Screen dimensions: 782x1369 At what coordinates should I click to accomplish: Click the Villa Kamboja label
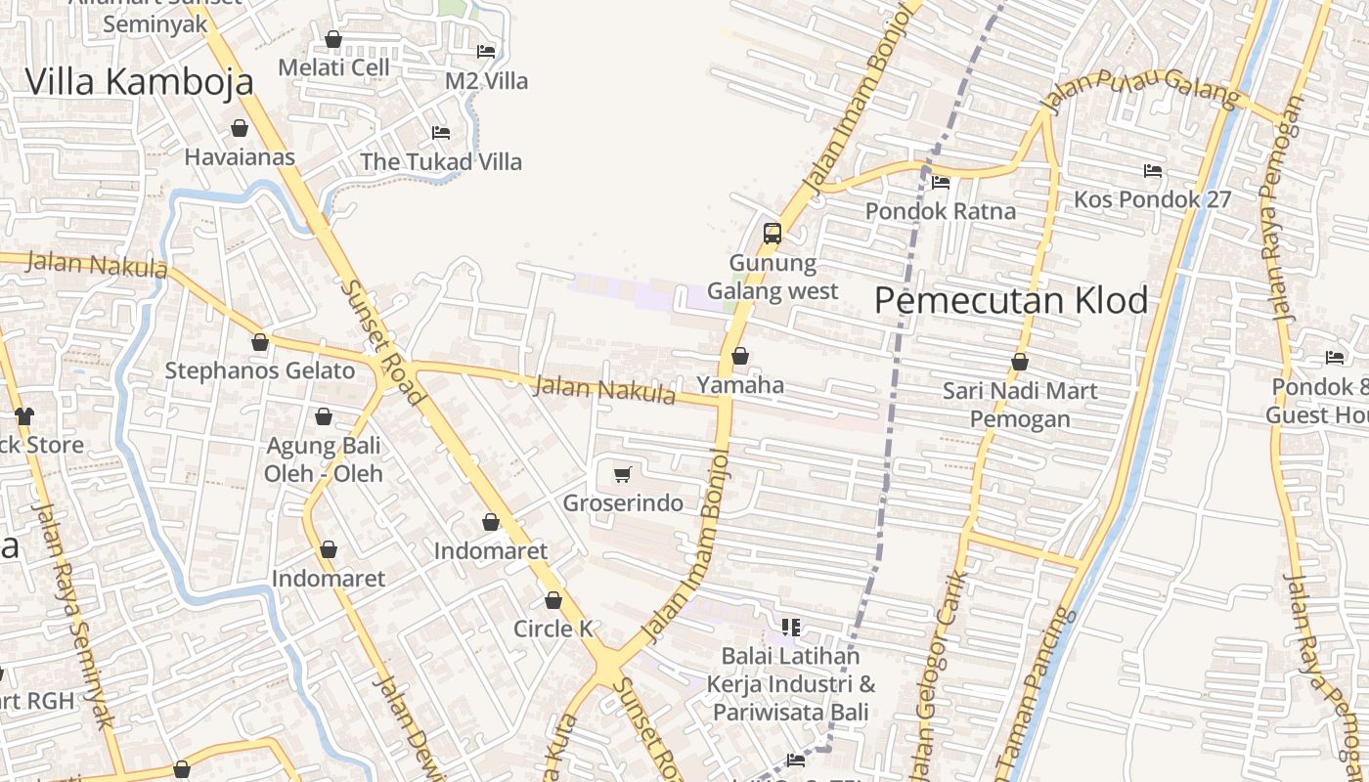(139, 81)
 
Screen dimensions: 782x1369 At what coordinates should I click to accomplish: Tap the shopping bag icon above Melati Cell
(333, 39)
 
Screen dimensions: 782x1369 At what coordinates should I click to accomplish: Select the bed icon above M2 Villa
(486, 51)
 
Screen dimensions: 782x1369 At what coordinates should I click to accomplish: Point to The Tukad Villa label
(441, 161)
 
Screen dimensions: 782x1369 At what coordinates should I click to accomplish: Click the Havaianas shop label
(240, 156)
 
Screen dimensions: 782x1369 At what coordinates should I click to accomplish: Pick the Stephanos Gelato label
(259, 370)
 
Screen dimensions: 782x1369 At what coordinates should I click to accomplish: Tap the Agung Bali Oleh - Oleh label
(324, 459)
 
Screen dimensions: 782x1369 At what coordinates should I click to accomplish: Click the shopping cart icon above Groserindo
(623, 475)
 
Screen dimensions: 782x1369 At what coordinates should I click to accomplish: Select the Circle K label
(553, 629)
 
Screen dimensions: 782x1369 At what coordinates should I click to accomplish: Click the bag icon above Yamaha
(740, 356)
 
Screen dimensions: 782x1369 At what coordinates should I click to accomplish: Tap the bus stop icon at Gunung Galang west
(773, 233)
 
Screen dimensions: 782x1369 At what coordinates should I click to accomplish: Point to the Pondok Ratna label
(941, 211)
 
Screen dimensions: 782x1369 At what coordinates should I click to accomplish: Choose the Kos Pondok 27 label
(1152, 199)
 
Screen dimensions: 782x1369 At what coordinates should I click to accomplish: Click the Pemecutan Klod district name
(1011, 300)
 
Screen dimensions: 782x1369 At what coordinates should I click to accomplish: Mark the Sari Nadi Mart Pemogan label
(1020, 405)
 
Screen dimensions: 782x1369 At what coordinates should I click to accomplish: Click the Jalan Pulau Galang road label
(1141, 92)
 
